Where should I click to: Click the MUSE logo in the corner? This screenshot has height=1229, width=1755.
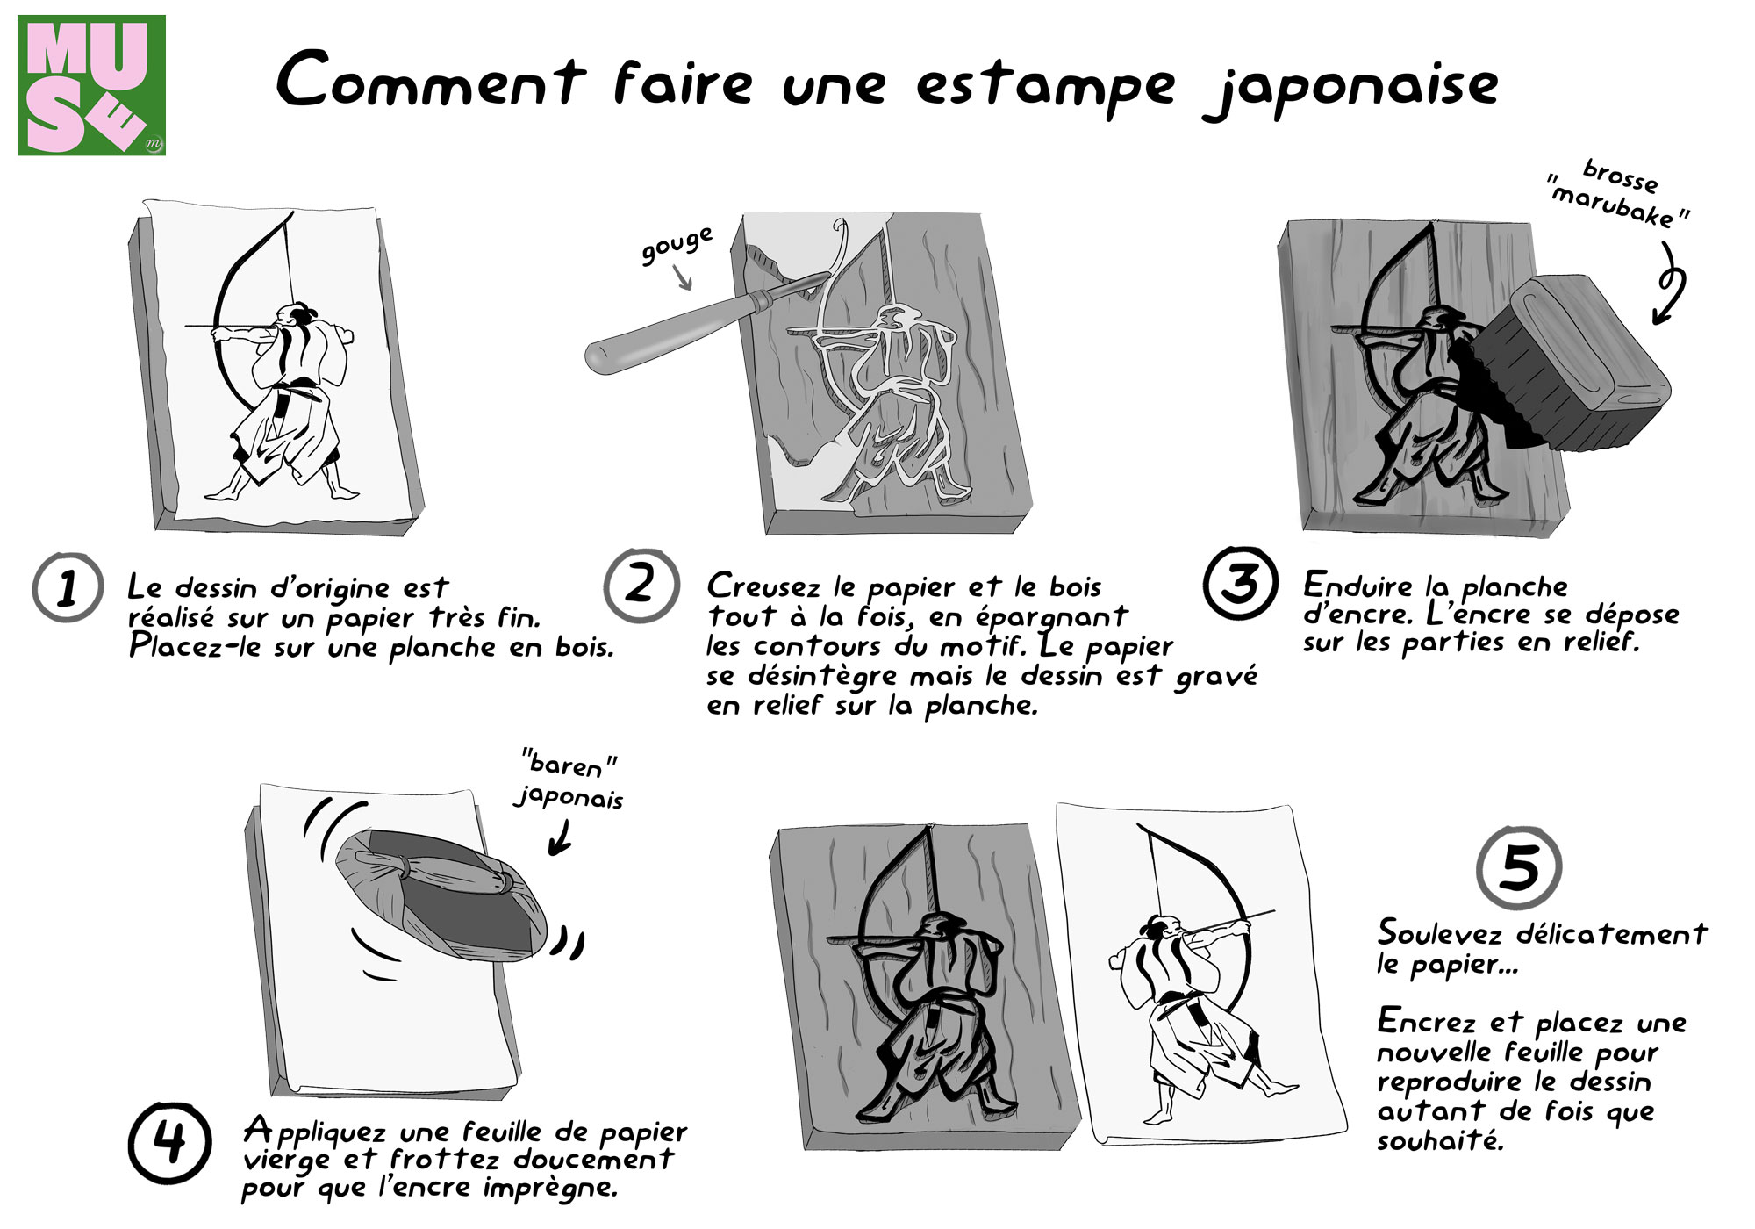click(x=91, y=85)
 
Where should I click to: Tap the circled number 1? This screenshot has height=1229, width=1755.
click(x=68, y=587)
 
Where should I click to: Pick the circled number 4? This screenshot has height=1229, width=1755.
click(x=169, y=1142)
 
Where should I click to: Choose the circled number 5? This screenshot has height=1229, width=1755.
click(x=1518, y=867)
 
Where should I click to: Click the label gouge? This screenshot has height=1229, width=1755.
click(x=676, y=245)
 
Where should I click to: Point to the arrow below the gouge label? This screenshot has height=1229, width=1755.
click(x=683, y=278)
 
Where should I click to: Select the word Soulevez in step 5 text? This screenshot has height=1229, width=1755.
click(x=1439, y=932)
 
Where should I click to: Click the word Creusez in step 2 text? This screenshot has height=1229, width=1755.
click(x=765, y=586)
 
